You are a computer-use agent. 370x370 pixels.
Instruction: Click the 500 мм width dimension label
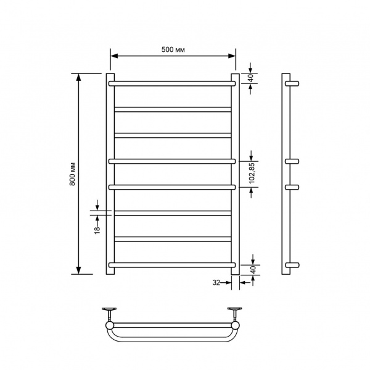pyautogui.click(x=173, y=49)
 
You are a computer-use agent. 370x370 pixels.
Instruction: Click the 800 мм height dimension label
pyautogui.click(x=72, y=174)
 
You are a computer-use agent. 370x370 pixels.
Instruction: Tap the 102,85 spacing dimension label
pyautogui.click(x=252, y=173)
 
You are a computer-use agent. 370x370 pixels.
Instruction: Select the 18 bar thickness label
pyautogui.click(x=97, y=230)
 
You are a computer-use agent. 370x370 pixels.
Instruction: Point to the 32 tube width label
pyautogui.click(x=216, y=282)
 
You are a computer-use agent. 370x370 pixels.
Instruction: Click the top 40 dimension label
pyautogui.click(x=252, y=78)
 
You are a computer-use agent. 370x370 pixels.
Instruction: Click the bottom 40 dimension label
pyautogui.click(x=253, y=270)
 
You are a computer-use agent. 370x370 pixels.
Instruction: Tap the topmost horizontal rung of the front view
pyautogui.click(x=172, y=83)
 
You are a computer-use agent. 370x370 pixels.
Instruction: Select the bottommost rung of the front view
pyautogui.click(x=172, y=265)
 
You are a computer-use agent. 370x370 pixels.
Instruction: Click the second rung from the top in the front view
pyautogui.click(x=173, y=109)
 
